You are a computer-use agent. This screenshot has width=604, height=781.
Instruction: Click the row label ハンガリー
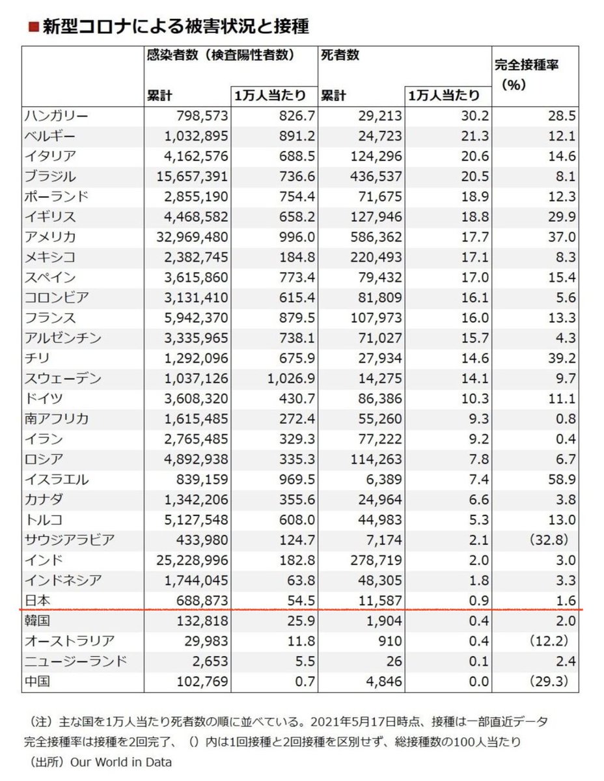point(56,116)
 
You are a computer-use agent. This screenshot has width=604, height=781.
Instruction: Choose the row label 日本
point(38,601)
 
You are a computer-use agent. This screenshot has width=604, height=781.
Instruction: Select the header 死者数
point(340,56)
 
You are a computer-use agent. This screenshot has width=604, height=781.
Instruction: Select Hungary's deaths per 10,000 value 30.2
point(474,116)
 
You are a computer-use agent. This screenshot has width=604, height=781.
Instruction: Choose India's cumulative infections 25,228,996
point(187,560)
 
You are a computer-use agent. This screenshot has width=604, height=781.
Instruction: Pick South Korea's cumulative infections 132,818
point(200,622)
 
